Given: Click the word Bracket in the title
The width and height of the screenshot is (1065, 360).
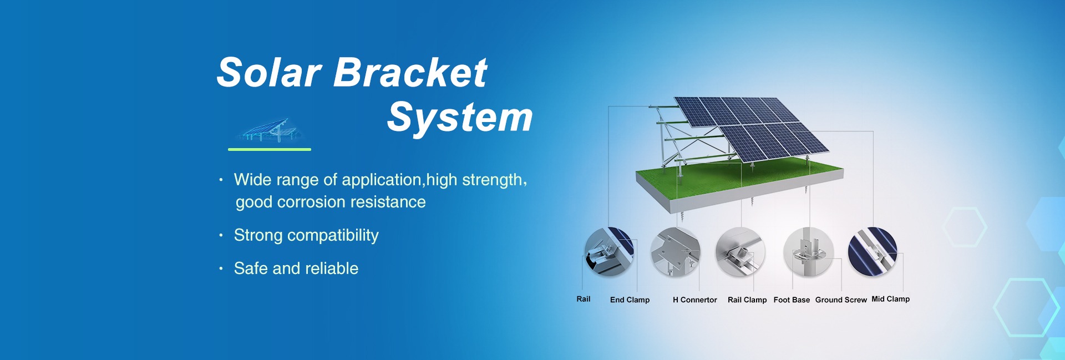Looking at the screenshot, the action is tap(410, 73).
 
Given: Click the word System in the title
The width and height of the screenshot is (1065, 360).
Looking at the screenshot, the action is tap(460, 119).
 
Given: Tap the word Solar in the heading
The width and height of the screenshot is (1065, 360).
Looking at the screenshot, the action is tap(269, 73).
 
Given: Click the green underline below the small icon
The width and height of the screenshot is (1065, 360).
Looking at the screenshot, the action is tap(270, 149).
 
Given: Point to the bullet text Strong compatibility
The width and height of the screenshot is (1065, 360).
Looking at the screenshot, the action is tap(306, 235).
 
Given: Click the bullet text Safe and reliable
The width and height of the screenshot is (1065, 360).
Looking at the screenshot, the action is tap(296, 268).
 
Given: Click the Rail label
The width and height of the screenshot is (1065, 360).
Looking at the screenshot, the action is tap(584, 299).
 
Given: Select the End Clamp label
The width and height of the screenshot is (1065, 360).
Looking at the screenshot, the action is tap(630, 300).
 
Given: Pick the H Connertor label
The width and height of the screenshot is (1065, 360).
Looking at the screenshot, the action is tap(695, 300).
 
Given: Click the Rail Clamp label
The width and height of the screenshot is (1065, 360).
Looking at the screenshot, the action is tap(747, 300).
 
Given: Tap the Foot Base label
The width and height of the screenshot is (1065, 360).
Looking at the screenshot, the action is tap(792, 300).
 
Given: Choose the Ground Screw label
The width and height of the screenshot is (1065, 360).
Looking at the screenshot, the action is tap(841, 300).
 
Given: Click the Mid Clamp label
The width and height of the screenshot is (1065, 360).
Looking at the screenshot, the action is tap(891, 299).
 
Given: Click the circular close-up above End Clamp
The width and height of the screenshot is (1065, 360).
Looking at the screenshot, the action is tap(609, 252).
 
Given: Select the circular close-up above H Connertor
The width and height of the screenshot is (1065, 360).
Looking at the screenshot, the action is tap(675, 252).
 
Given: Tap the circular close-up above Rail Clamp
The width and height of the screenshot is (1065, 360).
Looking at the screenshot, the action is tap(741, 252).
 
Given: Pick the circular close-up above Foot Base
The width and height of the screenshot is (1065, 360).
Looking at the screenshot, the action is tap(808, 252).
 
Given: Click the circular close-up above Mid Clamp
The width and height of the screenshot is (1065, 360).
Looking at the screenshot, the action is tap(873, 252).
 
